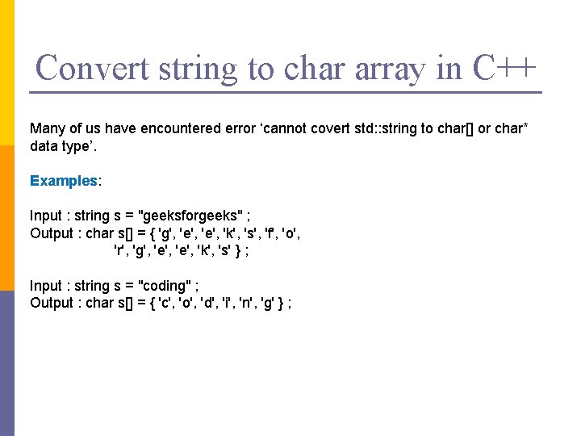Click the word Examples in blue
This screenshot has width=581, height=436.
coord(63,181)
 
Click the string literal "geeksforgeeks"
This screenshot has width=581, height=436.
coord(194,216)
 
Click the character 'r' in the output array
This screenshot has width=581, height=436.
coord(119,251)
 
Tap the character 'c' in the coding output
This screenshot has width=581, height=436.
coord(166,304)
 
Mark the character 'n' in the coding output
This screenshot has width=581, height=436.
coord(248,304)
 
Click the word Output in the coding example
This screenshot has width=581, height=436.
coord(52,304)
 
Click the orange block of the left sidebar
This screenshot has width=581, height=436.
coord(7,218)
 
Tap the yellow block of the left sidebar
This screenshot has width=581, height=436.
coord(7,73)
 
